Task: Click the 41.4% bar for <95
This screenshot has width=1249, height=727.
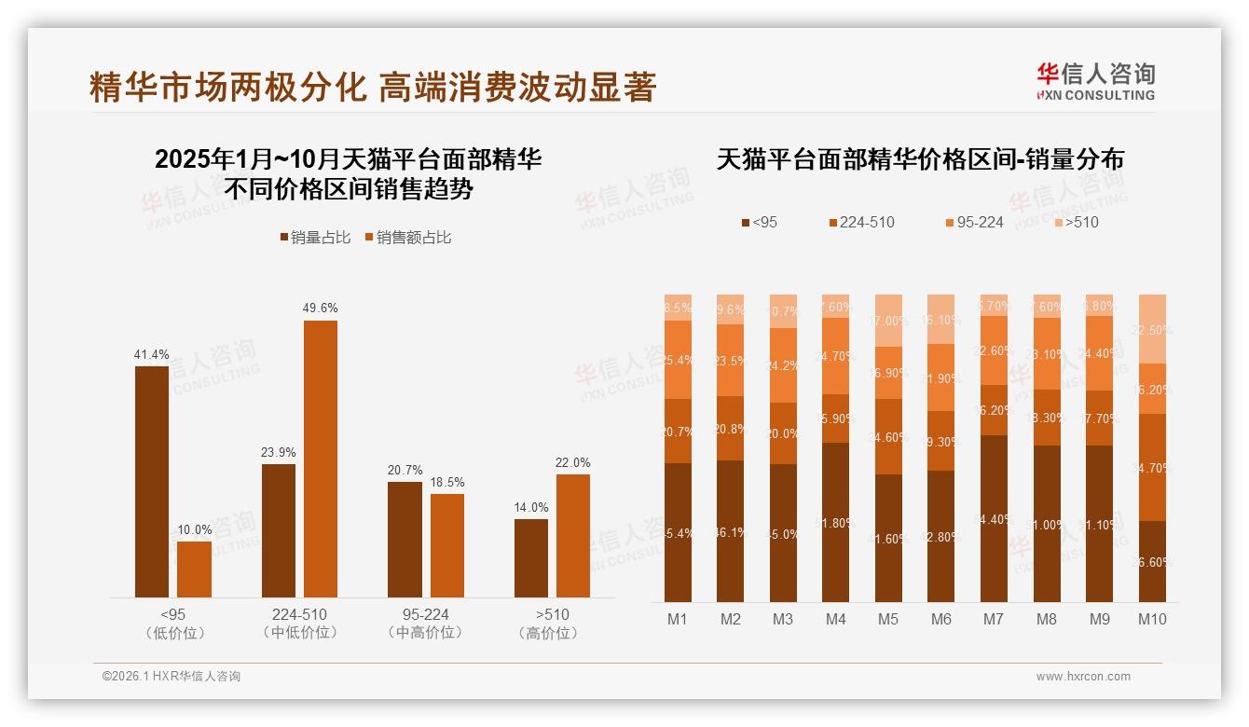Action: [152, 481]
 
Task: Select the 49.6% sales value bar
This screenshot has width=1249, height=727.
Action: [321, 459]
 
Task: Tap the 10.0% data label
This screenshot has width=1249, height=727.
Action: [194, 529]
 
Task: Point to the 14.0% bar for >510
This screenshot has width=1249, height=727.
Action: [531, 557]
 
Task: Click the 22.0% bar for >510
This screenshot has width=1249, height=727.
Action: [573, 535]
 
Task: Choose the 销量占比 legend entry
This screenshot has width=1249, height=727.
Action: [315, 238]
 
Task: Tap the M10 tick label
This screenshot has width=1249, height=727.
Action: [1152, 619]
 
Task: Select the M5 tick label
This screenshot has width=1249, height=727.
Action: [888, 619]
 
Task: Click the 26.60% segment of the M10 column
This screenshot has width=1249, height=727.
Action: [1152, 561]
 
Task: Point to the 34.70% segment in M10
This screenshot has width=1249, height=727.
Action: [1152, 467]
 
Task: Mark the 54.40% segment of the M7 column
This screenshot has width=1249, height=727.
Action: [994, 518]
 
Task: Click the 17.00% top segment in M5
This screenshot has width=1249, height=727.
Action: [888, 321]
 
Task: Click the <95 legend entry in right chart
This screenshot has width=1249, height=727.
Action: [759, 222]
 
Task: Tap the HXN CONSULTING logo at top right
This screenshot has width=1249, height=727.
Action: [1095, 82]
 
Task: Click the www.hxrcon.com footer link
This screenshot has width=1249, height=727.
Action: [1082, 677]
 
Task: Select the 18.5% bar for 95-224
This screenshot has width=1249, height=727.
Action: [447, 545]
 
